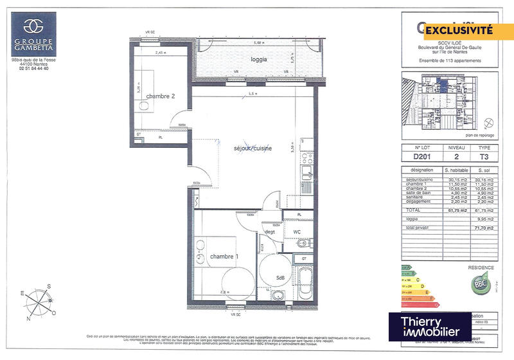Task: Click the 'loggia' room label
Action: click(x=259, y=59)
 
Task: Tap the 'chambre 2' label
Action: click(x=161, y=96)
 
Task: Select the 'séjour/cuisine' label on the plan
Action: click(x=253, y=148)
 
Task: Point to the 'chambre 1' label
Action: click(x=224, y=256)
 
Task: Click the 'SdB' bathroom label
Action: click(x=281, y=278)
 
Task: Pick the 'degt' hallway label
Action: click(x=269, y=231)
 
